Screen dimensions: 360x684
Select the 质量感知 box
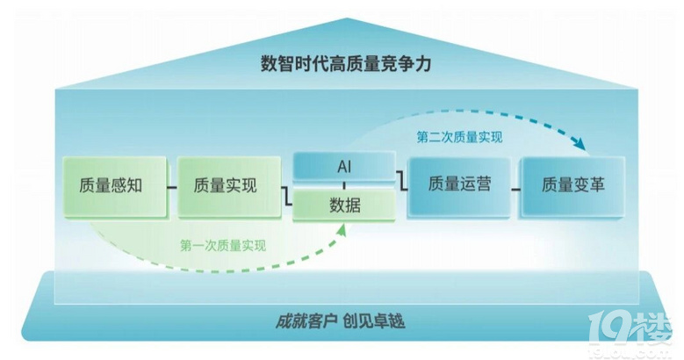(110, 186)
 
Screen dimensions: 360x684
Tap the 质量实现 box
(224, 186)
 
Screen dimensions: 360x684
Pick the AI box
(344, 167)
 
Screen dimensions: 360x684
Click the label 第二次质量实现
(459, 137)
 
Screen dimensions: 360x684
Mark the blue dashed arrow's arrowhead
(580, 145)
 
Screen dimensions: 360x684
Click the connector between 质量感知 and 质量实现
(168, 186)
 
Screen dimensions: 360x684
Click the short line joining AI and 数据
(344, 186)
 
